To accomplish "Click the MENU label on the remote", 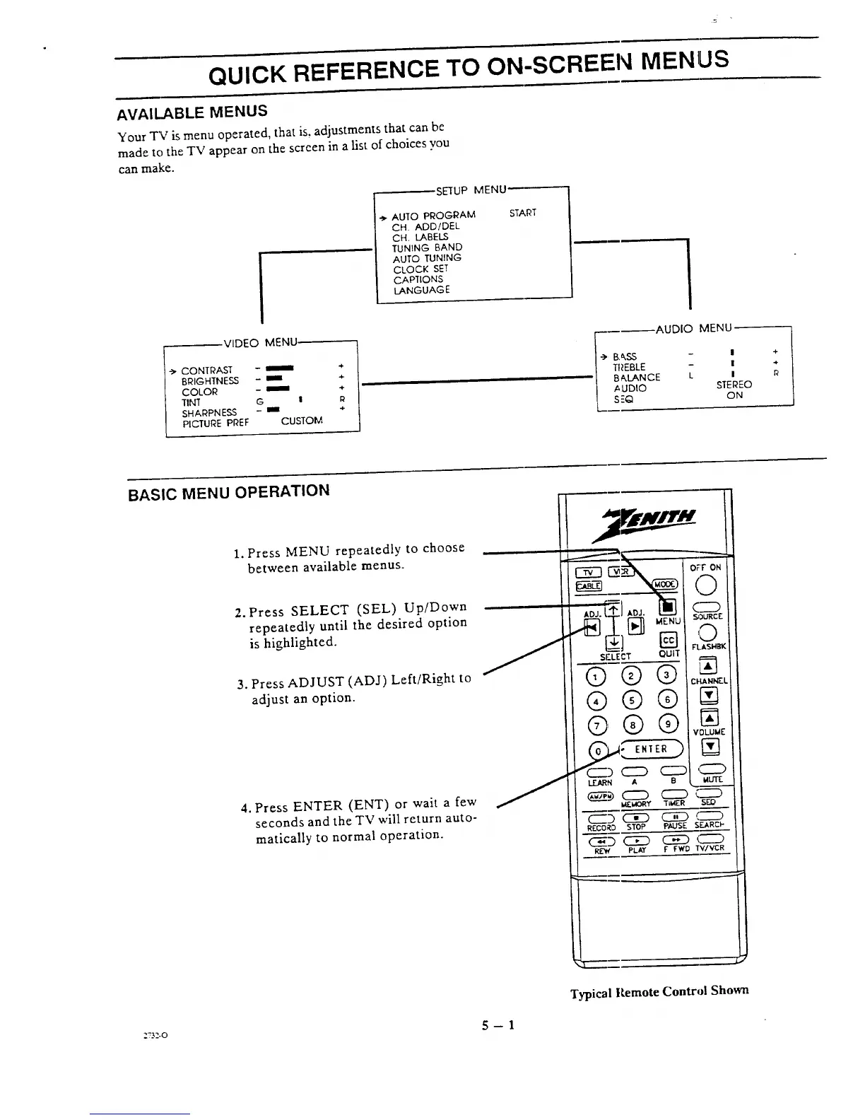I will pyautogui.click(x=668, y=622).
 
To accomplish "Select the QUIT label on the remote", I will pyautogui.click(x=669, y=653).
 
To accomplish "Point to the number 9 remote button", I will pyautogui.click(x=667, y=724).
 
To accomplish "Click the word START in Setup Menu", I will pyautogui.click(x=523, y=213).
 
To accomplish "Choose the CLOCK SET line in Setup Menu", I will pyautogui.click(x=420, y=269).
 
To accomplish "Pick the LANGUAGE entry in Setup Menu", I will pyautogui.click(x=421, y=290).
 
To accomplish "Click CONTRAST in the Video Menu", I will pyautogui.click(x=206, y=371).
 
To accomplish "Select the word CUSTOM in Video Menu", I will pyautogui.click(x=302, y=421).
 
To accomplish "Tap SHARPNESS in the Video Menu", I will pyautogui.click(x=209, y=413).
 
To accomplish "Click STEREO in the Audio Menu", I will pyautogui.click(x=734, y=385).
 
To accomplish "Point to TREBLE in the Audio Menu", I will pyautogui.click(x=629, y=367).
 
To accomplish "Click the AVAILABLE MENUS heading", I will pyautogui.click(x=192, y=112).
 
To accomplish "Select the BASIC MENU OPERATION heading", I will pyautogui.click(x=228, y=491).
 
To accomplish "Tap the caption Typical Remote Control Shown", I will pyautogui.click(x=659, y=991).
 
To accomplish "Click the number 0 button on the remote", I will pyautogui.click(x=598, y=750).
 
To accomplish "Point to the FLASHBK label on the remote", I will pyautogui.click(x=709, y=646).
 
